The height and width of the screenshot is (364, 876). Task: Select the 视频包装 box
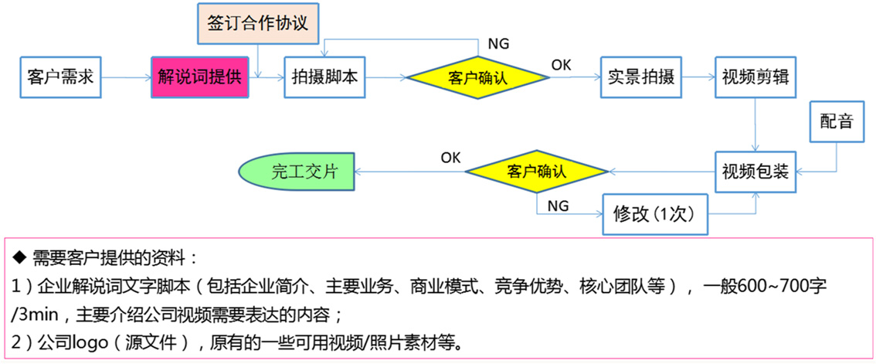click(x=755, y=171)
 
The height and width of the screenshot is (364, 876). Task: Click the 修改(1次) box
click(x=654, y=213)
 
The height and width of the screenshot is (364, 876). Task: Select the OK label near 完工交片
click(x=451, y=158)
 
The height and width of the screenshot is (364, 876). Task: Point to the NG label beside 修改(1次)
click(x=558, y=206)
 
